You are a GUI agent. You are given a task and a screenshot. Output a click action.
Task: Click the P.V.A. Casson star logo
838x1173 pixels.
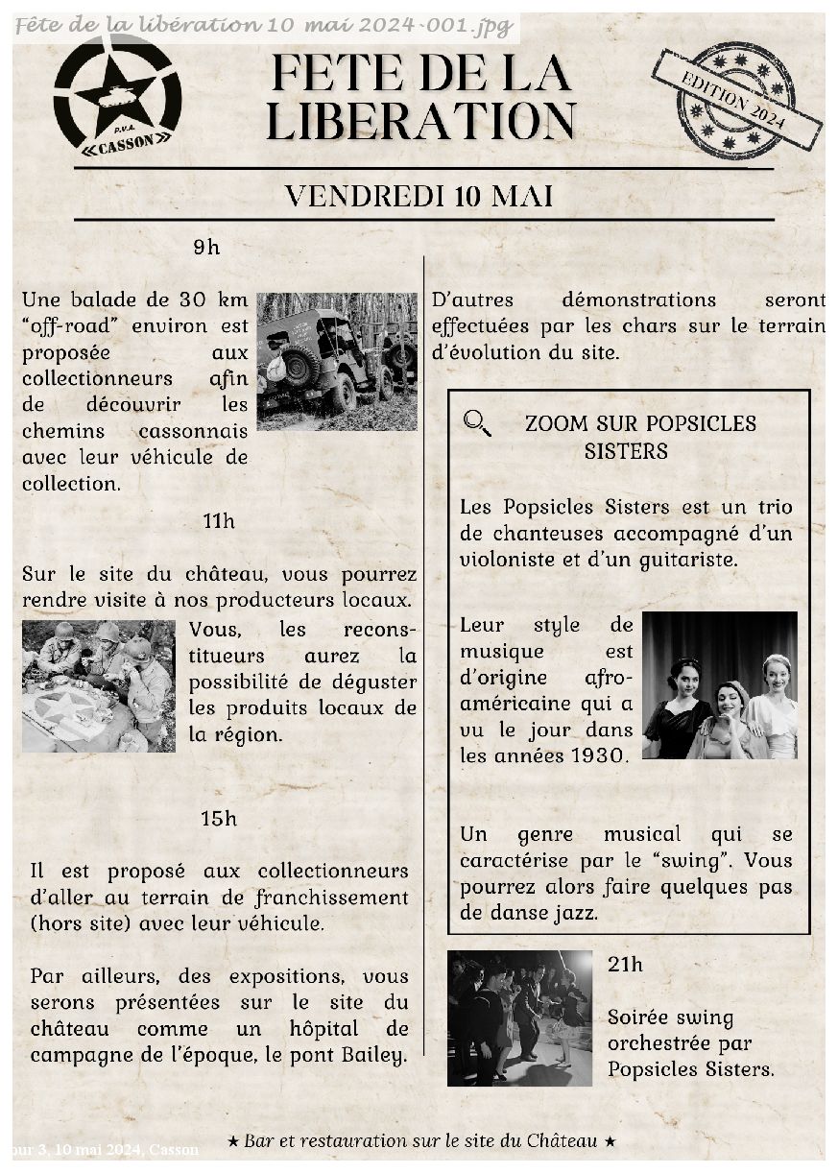click(x=117, y=94)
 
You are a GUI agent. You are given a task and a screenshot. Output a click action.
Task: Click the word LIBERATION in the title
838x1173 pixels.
click(x=420, y=122)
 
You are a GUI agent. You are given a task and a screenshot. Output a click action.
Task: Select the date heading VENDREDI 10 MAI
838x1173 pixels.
click(x=419, y=196)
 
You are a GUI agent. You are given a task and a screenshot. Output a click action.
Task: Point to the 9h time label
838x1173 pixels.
click(x=206, y=248)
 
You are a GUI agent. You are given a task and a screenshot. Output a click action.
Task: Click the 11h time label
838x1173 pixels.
click(x=219, y=521)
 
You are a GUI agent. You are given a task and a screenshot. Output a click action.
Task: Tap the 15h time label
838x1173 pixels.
click(x=219, y=819)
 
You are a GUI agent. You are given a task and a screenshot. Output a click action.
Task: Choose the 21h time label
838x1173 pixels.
click(x=625, y=965)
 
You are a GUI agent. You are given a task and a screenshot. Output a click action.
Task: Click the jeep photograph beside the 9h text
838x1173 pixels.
click(x=336, y=361)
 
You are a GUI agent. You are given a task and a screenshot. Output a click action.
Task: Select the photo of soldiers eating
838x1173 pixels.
click(x=98, y=685)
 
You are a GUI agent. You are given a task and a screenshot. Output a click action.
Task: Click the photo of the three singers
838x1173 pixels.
click(x=719, y=685)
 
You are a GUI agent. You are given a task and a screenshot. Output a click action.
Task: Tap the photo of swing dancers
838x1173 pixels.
click(x=519, y=1017)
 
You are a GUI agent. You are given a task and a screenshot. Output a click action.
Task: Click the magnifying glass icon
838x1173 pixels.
click(x=477, y=422)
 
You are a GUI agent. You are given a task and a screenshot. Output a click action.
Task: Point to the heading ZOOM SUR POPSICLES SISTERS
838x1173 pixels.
click(x=640, y=437)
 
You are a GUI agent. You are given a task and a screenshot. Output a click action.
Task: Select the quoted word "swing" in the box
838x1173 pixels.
click(x=699, y=860)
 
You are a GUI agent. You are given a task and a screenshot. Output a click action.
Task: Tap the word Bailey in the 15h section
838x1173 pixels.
click(x=372, y=1055)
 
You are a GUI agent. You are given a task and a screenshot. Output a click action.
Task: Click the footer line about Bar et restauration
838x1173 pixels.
click(x=421, y=1140)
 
